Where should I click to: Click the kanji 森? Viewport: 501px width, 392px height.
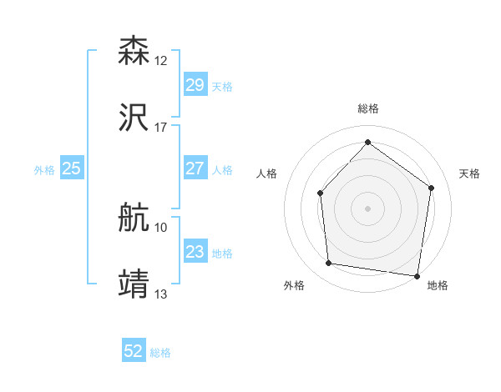134,51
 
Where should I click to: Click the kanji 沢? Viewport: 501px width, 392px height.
134,118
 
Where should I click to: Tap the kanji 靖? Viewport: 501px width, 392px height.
134,284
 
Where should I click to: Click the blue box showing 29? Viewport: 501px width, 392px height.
195,85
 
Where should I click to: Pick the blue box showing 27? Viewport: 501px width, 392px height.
195,168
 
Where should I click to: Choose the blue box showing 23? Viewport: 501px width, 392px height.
195,252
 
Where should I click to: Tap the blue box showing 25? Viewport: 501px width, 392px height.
71,168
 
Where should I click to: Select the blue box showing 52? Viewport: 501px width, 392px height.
134,352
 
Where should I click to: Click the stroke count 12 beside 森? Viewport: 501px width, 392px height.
161,61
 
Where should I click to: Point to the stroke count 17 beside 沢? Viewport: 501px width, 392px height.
161,128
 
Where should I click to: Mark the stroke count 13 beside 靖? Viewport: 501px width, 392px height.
161,294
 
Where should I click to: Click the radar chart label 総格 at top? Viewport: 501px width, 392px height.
368,108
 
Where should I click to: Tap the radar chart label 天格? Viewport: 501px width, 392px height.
469,173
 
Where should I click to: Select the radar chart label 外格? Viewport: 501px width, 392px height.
294,285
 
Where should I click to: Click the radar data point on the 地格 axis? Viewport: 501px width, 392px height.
417,275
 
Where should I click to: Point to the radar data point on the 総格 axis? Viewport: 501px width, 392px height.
367,142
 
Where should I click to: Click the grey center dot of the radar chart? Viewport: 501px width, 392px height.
367,208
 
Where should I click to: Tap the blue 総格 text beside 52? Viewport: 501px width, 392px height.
160,353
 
